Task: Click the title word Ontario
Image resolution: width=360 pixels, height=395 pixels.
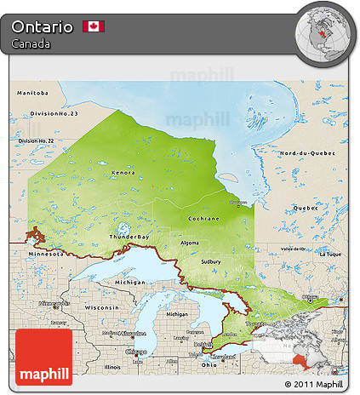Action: click(x=42, y=26)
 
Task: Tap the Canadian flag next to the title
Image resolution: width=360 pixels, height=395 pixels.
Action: click(x=93, y=26)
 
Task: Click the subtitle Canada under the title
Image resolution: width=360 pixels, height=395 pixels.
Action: click(x=31, y=43)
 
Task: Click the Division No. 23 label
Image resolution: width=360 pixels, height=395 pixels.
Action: click(x=53, y=113)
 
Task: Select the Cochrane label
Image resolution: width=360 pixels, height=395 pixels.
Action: click(x=203, y=219)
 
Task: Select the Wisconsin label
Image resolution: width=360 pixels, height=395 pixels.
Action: click(x=101, y=306)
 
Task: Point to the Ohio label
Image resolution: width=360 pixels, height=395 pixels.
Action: click(x=209, y=364)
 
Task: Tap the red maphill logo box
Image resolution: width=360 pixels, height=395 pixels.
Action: click(x=43, y=358)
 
